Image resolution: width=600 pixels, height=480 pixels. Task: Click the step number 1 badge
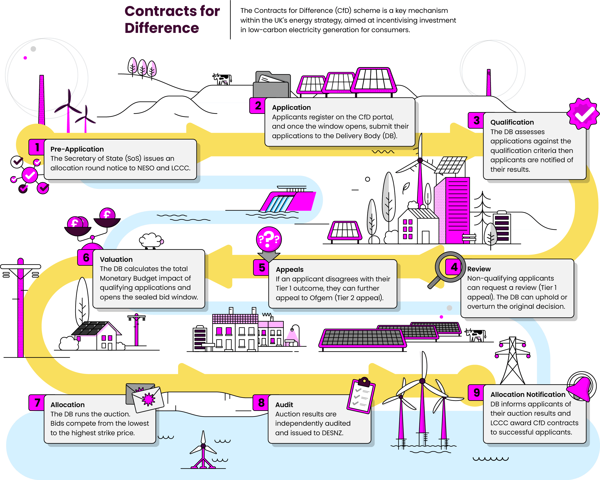(37, 147)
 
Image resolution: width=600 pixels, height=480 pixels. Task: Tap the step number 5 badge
(262, 268)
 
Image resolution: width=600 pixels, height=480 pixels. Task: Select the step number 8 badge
(261, 403)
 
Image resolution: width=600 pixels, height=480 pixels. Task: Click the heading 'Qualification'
(512, 122)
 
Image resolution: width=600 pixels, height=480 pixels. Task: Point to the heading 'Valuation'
(116, 259)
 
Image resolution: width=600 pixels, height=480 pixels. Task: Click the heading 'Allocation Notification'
(528, 394)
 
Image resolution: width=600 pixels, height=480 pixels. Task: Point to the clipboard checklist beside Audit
(361, 395)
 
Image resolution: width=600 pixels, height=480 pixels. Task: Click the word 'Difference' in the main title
(162, 28)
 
